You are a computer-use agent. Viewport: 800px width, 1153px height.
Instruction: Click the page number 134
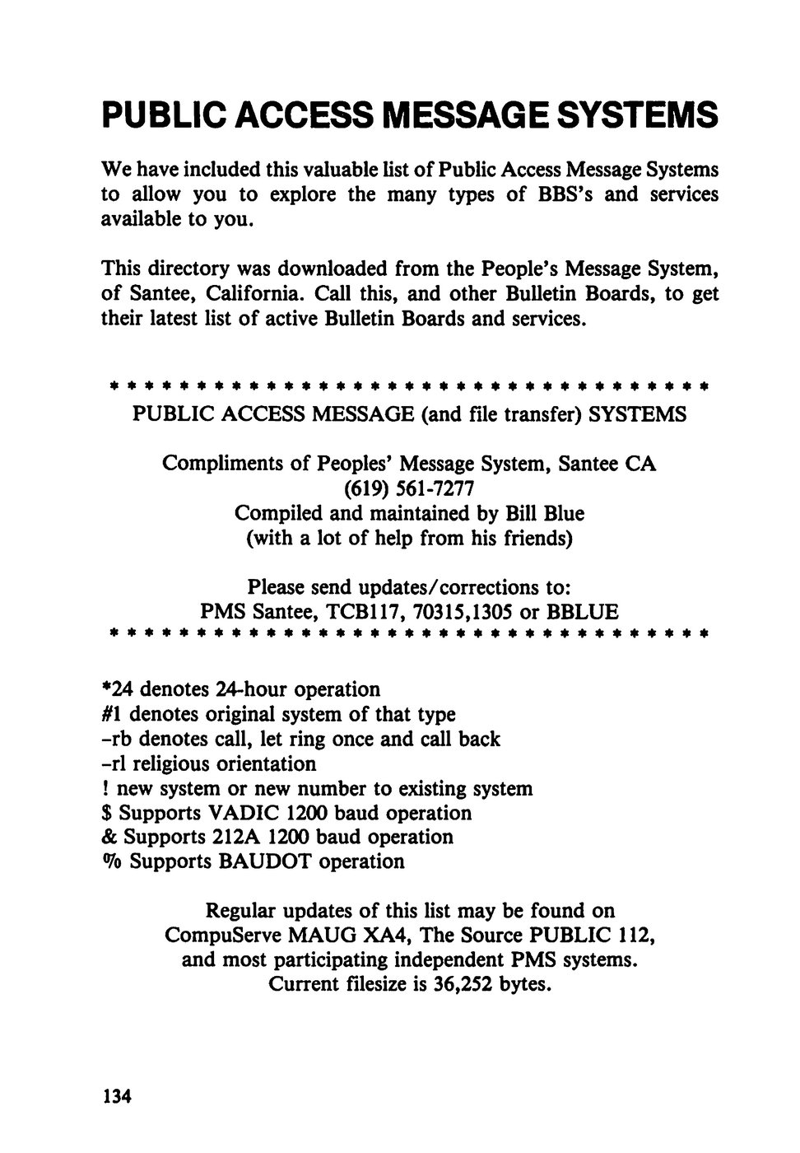pos(116,1096)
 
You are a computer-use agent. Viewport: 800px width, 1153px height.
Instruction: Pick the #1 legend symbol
pos(113,713)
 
